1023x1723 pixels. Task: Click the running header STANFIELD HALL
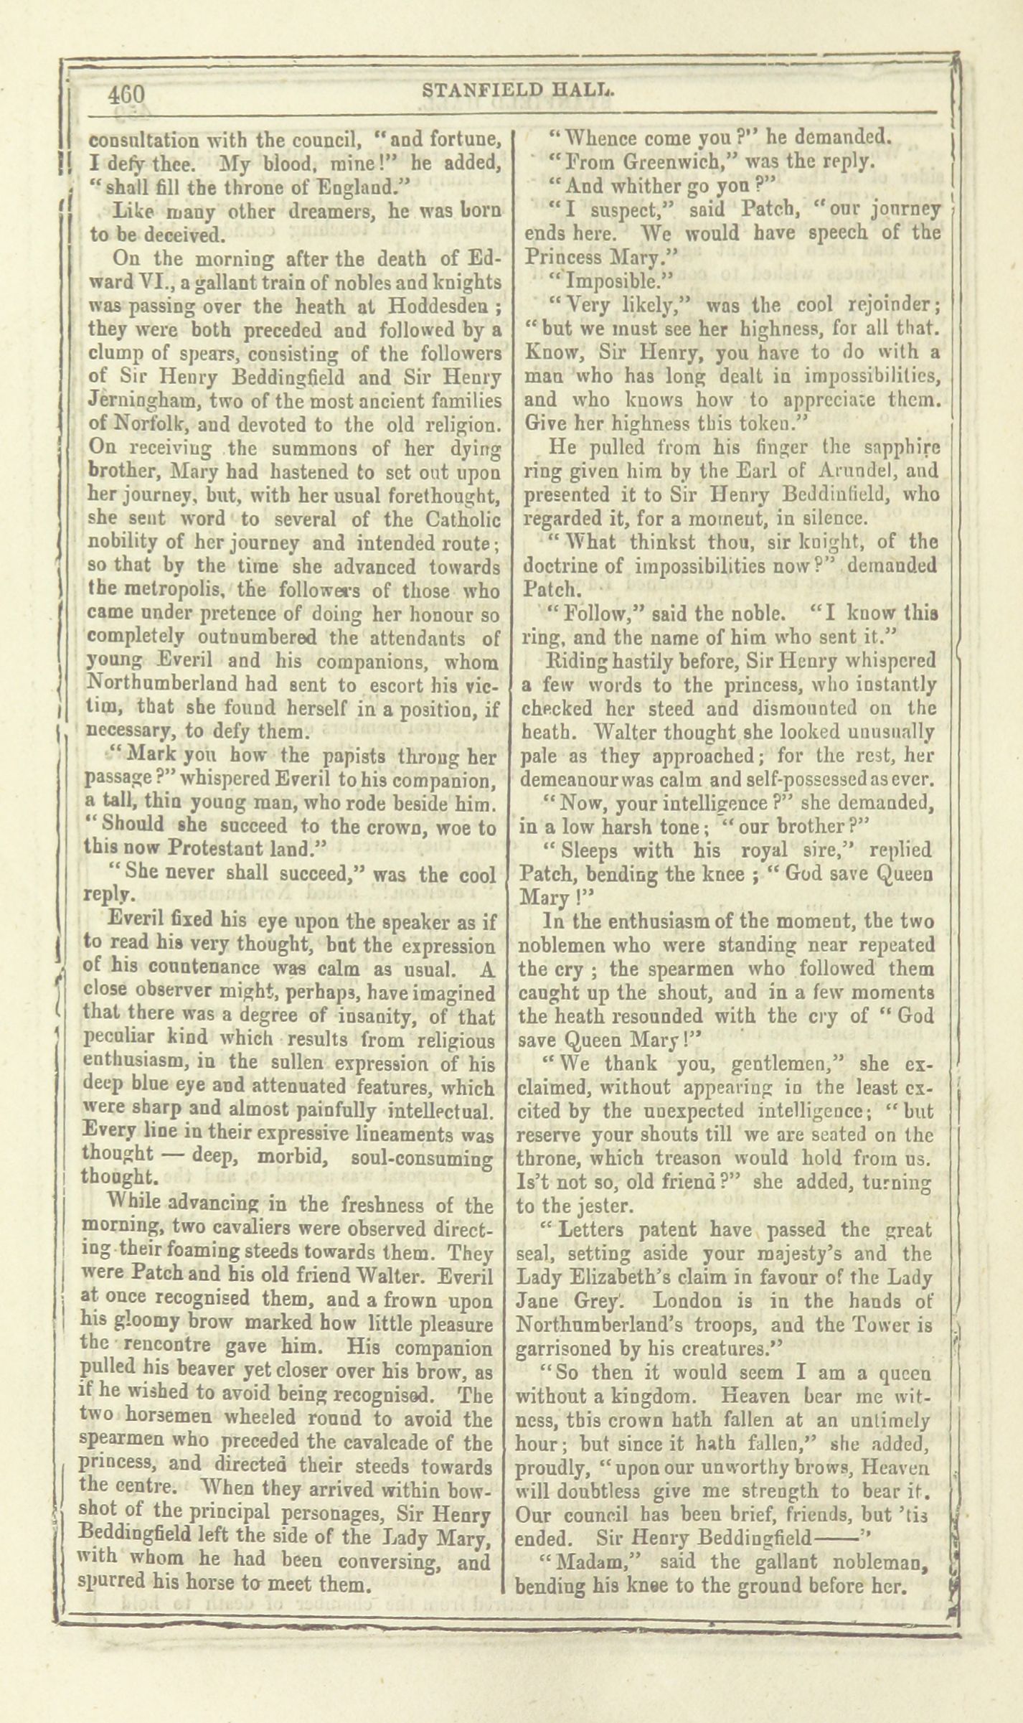(x=520, y=91)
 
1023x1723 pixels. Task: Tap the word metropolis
(x=168, y=591)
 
